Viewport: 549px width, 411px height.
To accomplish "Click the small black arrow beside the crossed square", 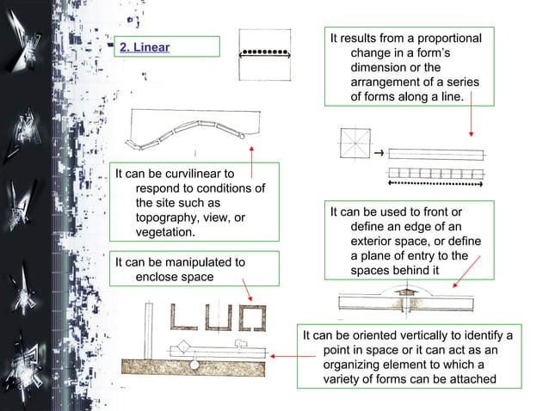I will click(378, 154).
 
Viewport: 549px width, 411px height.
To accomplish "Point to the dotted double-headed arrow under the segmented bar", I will click(436, 183).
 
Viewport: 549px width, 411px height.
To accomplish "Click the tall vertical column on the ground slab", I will click(148, 328).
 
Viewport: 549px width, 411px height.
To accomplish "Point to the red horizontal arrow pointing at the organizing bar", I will click(281, 353).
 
